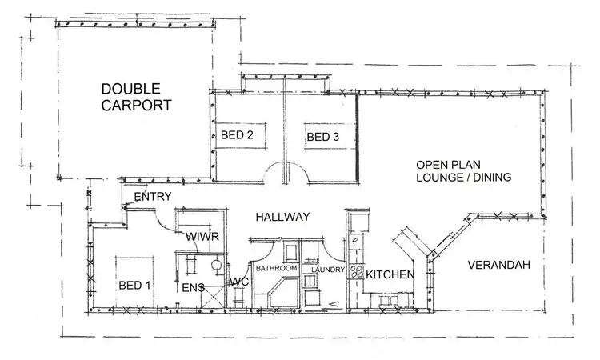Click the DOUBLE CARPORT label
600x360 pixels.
pos(136,96)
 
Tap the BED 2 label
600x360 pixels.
pos(238,135)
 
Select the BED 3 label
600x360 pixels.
pos(323,138)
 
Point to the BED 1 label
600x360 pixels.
pos(134,284)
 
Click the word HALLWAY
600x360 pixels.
pos(282,216)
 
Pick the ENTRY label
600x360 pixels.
pos(154,197)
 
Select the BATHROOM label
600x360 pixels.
pos(277,267)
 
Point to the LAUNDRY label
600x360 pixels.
pos(328,270)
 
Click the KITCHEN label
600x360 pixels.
pos(390,274)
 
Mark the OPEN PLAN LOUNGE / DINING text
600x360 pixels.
pos(463,170)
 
